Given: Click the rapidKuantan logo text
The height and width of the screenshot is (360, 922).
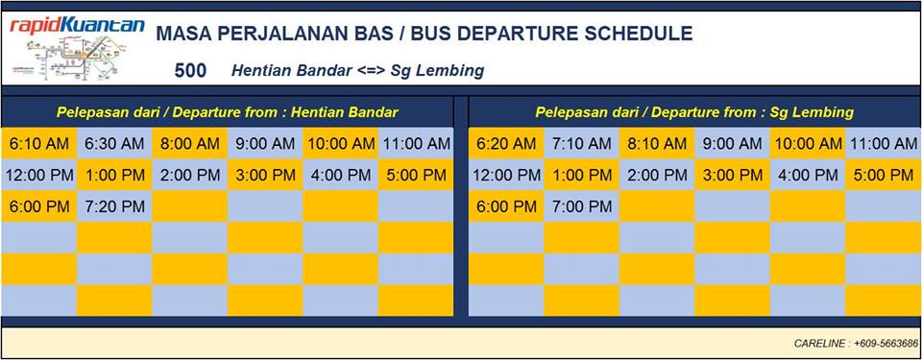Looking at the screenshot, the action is click(77, 25).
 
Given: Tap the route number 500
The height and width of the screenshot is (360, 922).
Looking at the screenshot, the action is click(190, 71).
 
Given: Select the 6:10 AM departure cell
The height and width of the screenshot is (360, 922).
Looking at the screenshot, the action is click(38, 144).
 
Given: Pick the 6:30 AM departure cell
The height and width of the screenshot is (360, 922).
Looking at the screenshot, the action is click(114, 144).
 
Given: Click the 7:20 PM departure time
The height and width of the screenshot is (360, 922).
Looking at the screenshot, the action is click(114, 206).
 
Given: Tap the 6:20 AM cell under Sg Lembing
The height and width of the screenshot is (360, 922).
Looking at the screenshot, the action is click(506, 144).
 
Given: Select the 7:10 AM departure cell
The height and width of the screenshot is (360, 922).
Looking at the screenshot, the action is click(582, 144).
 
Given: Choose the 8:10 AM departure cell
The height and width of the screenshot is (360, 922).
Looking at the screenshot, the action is click(657, 144).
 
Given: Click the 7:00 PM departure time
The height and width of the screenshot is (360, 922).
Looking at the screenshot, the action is click(582, 206).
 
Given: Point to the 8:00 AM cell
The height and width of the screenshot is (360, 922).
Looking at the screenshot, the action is click(189, 144).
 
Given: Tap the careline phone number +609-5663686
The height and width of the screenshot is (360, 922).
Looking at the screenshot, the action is click(886, 343).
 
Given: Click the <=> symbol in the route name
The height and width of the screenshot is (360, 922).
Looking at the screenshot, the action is click(373, 71).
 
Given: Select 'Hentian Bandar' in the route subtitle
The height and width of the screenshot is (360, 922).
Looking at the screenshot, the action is click(292, 71).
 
